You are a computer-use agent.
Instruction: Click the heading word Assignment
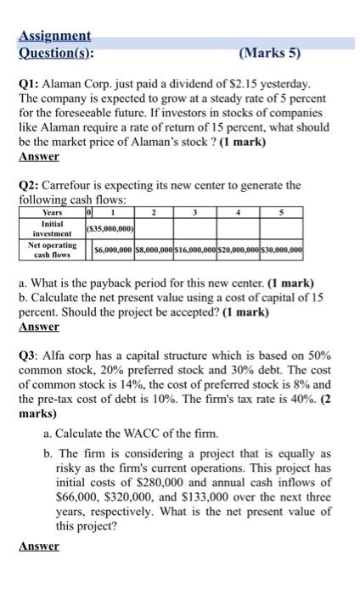[x=54, y=37]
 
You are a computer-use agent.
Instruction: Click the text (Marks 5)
[x=270, y=53]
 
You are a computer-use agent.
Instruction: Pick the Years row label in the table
[x=53, y=212]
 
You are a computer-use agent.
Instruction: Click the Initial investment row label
[x=53, y=228]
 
